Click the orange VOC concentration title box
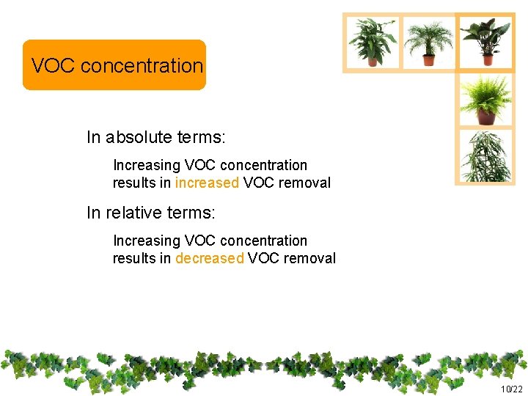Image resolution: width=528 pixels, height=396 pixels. pos(114,65)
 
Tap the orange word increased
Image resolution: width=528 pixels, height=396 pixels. pos(207,183)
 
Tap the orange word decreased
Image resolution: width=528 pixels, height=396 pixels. pos(209,258)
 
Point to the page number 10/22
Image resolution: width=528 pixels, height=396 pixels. pos(511,389)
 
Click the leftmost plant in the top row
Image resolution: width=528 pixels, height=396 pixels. pos(373,41)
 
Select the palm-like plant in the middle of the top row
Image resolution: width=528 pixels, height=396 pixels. pos(428,42)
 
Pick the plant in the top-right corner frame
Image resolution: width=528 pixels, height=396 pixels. pos(485,41)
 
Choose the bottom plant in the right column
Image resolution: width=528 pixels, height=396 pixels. pos(485,155)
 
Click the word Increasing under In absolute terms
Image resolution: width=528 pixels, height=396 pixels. pos(146,166)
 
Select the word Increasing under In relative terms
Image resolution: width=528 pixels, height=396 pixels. pos(146,241)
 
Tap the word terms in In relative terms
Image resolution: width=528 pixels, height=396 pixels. pos(192,213)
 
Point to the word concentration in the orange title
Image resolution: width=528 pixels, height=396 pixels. pos(142,65)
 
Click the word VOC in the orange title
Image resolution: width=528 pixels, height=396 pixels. pos(54,65)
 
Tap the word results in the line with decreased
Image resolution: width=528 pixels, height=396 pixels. pos(133,258)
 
